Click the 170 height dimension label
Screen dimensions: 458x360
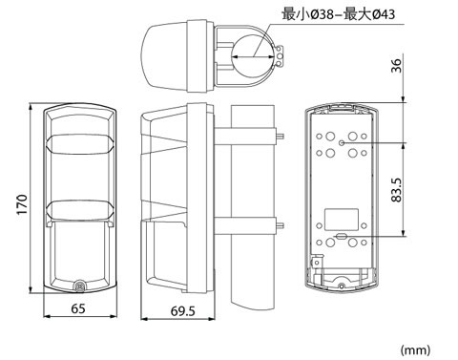coord(22,204)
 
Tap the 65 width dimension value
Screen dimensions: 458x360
coord(78,308)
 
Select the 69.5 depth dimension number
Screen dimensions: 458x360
coord(182,311)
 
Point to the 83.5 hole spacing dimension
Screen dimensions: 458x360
coord(397,190)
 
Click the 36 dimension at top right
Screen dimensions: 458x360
coord(396,66)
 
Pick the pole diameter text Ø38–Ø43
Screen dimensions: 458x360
coord(339,14)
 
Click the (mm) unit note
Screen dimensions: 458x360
coord(415,350)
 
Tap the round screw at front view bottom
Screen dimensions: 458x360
coord(79,286)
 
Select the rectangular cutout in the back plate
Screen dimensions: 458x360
coord(342,220)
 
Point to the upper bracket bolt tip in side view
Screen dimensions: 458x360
coord(281,137)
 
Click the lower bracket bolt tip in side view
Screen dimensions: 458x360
coord(281,226)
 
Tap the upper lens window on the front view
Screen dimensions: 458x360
coord(79,144)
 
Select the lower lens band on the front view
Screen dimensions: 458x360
coord(79,210)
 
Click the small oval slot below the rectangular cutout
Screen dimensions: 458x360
coord(342,236)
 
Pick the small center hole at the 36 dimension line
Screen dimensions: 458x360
coord(342,143)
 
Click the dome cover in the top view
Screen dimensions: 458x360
coord(164,56)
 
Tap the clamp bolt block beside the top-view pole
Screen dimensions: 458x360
coord(280,56)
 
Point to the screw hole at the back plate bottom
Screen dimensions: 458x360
coord(342,286)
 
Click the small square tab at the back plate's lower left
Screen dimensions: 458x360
coord(317,263)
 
